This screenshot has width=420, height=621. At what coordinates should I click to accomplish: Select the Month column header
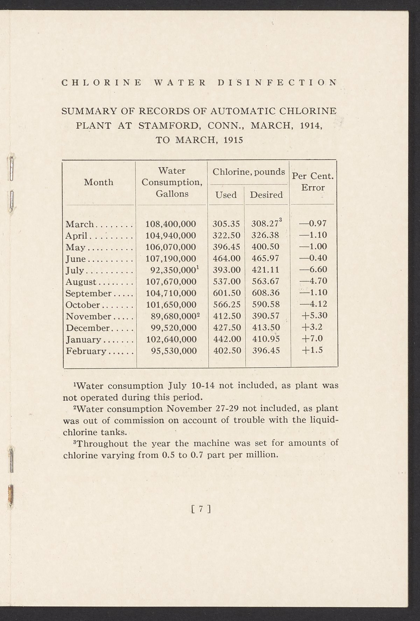[x=99, y=182]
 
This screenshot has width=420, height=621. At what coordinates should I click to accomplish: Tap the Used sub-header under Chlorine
[x=226, y=195]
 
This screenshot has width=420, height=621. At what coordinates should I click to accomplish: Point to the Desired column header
[x=266, y=195]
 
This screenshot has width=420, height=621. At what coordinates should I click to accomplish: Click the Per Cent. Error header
[x=313, y=182]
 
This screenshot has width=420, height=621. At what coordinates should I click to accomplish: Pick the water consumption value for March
[x=170, y=224]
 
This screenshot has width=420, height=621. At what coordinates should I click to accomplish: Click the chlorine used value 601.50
[x=226, y=293]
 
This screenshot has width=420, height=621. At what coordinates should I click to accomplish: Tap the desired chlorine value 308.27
[x=265, y=224]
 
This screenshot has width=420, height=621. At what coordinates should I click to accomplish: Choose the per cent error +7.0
[x=313, y=339]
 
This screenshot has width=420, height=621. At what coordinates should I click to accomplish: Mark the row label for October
[x=83, y=305]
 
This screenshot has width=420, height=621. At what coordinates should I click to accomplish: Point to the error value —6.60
[x=313, y=270]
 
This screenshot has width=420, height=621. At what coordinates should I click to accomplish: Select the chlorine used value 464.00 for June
[x=226, y=258]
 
